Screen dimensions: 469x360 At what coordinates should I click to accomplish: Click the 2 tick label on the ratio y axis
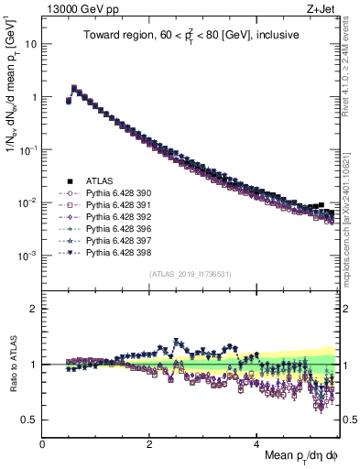point(34,309)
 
